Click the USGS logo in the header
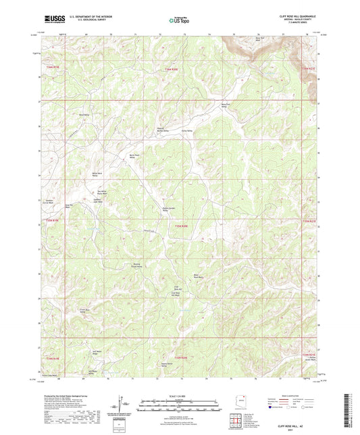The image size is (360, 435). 53,20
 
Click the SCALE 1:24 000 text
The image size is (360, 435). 179,395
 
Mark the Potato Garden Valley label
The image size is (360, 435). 169,210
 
